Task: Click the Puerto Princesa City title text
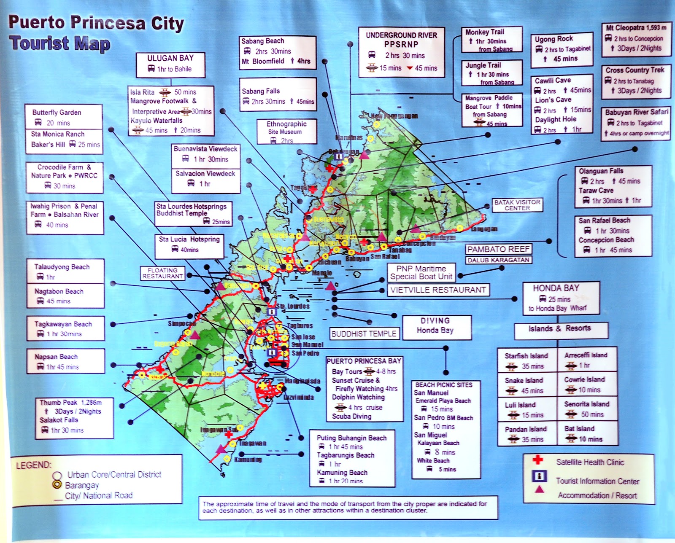(96, 23)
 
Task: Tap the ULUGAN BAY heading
(170, 58)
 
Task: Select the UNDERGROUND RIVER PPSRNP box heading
(401, 40)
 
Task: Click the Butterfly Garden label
(57, 113)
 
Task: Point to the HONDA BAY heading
(556, 288)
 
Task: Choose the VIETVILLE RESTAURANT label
(438, 290)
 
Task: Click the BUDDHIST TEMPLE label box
(364, 334)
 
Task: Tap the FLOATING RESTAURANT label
(163, 273)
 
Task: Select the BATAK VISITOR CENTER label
(517, 205)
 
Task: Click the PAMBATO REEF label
(498, 249)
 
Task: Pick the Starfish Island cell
(526, 360)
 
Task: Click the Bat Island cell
(587, 433)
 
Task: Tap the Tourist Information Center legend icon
(539, 476)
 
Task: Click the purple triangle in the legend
(539, 490)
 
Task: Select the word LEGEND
(33, 465)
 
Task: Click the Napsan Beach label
(56, 357)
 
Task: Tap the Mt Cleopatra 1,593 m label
(636, 28)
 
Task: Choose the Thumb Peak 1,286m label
(71, 403)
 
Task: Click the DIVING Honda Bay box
(435, 325)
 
